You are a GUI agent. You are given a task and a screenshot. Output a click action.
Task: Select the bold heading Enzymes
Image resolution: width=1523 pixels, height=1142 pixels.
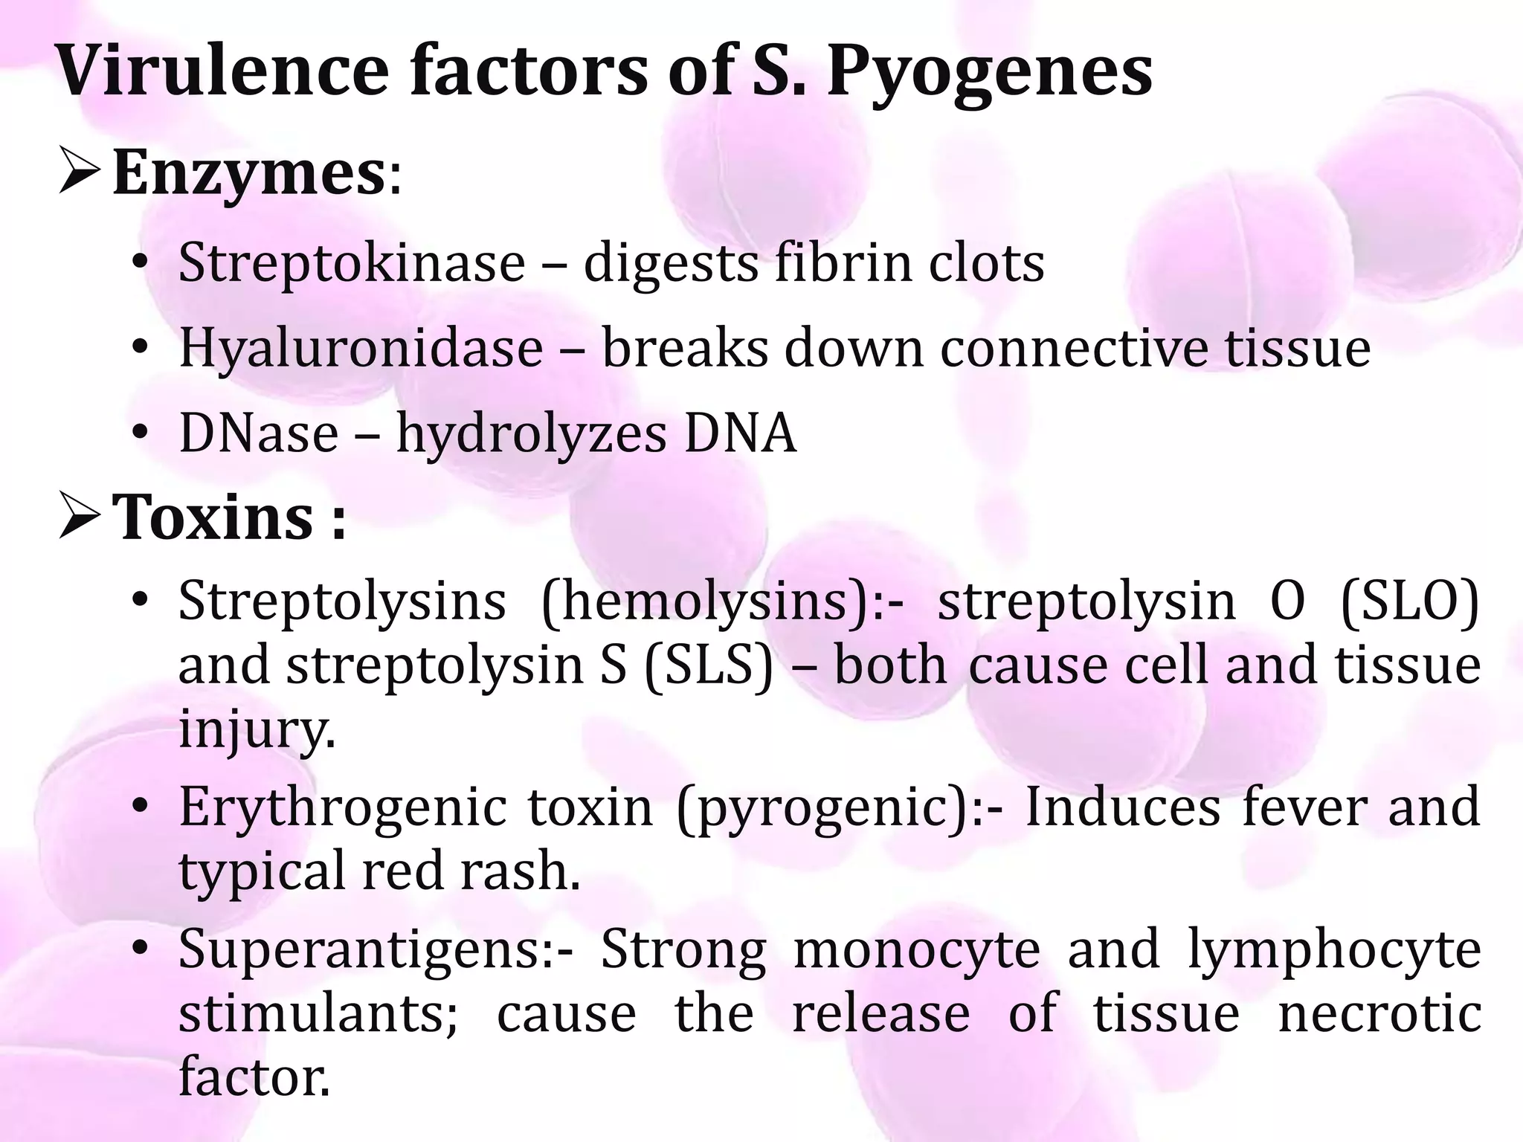pos(248,173)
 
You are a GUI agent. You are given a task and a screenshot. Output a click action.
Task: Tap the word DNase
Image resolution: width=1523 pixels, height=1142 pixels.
pos(259,433)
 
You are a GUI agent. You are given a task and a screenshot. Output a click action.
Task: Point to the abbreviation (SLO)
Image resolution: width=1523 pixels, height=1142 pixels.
pos(1409,601)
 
